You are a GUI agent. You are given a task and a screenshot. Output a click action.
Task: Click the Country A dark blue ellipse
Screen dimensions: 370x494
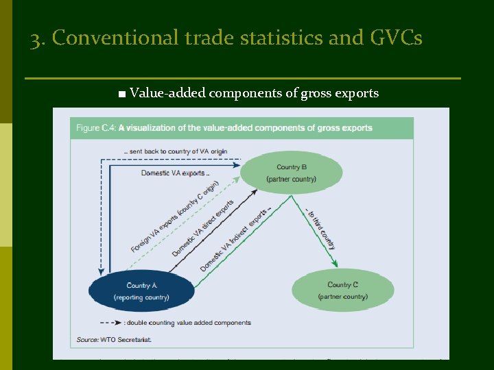coord(142,291)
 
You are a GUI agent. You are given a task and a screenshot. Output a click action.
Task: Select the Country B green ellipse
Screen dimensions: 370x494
coord(291,173)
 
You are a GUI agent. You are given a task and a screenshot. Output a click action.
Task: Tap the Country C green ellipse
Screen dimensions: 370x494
coord(342,291)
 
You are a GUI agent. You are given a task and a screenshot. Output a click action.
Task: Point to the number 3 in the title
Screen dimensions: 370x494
coord(35,39)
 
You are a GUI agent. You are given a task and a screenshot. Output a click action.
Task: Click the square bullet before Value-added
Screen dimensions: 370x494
coord(121,94)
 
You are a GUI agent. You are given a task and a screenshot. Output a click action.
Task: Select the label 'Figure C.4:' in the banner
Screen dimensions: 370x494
coord(96,128)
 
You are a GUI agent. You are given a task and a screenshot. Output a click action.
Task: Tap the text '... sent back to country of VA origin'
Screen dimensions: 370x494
coord(176,151)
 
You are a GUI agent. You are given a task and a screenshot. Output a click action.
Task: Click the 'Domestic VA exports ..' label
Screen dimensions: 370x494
coord(176,173)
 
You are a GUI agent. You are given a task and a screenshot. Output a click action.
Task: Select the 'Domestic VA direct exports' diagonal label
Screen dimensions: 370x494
coord(204,227)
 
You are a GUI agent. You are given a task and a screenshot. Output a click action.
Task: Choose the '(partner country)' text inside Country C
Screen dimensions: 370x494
coord(342,297)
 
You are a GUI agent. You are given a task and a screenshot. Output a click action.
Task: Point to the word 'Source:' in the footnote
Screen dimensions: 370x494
coord(87,339)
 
